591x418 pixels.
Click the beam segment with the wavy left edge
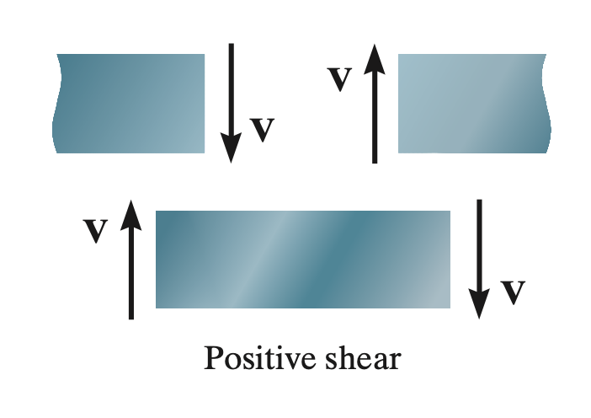pos(129,104)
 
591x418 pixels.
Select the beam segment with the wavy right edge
pos(474,104)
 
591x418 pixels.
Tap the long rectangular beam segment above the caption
pos(303,260)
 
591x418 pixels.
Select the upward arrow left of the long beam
pos(130,260)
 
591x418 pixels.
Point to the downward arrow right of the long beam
pos(479,260)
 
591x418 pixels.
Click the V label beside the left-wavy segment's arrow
pos(263,129)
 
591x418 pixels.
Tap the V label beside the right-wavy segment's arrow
pos(339,78)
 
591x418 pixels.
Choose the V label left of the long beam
pos(96,230)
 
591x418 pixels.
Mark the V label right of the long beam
pos(513,292)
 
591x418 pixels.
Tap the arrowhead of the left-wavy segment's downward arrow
pos(231,148)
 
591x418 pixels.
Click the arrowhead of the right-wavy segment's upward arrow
pos(375,59)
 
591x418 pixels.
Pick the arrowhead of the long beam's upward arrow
pos(130,215)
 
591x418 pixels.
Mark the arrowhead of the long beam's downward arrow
pos(479,304)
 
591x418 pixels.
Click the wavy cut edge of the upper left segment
pos(56,104)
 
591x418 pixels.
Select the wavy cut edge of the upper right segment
pos(546,104)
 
